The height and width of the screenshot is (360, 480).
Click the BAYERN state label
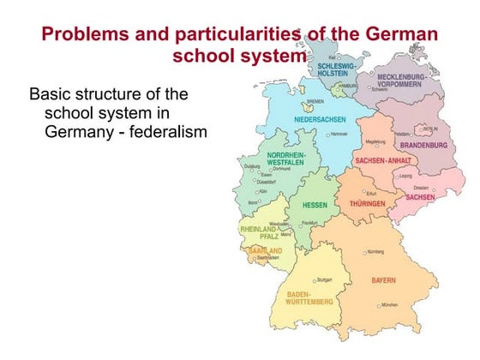coord(384,280)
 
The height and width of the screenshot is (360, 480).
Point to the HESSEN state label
coord(308,206)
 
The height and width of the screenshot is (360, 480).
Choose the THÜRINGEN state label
coord(370,204)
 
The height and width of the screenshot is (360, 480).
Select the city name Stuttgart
coord(324,279)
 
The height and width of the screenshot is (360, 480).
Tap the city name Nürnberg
coord(375,252)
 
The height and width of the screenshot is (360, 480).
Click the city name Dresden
coord(421,187)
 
